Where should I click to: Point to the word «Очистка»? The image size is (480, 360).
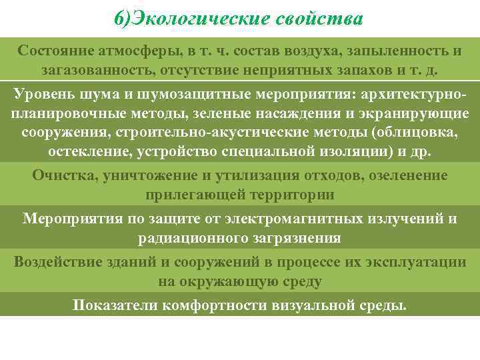point(64,175)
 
